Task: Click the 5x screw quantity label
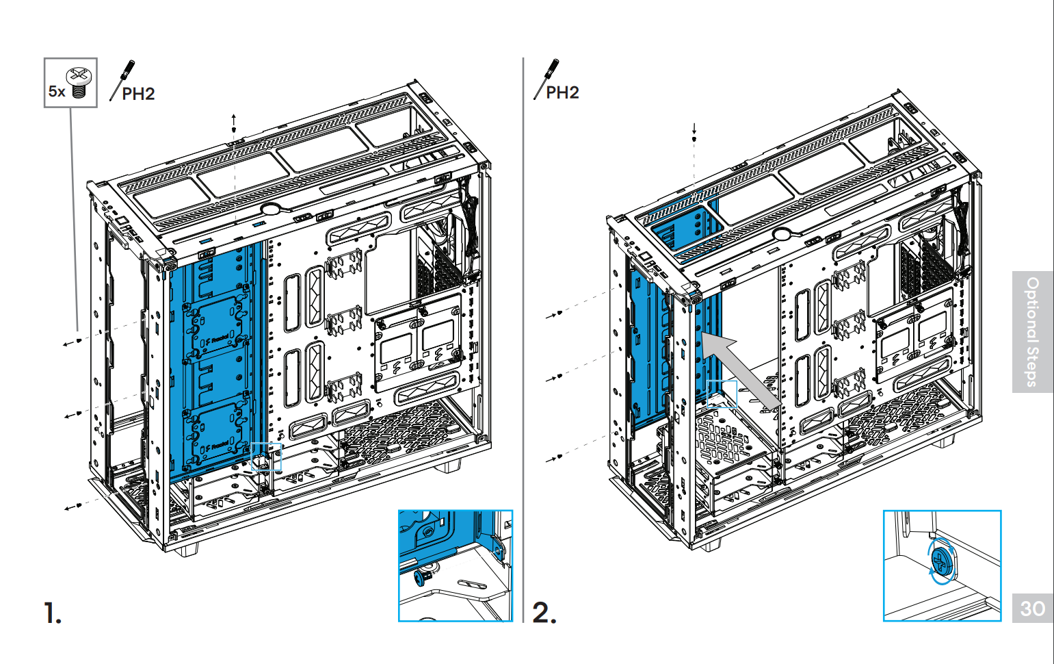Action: click(x=56, y=91)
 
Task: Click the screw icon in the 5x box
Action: click(x=79, y=82)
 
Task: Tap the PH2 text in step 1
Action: click(x=138, y=94)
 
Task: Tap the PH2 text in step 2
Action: click(x=562, y=92)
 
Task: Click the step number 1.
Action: click(x=52, y=612)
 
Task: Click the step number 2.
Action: click(x=544, y=612)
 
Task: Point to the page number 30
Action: click(x=1032, y=609)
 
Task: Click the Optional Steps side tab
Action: click(x=1032, y=332)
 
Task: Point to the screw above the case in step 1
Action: click(x=234, y=129)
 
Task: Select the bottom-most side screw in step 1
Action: click(x=79, y=505)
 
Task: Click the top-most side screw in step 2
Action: click(x=559, y=313)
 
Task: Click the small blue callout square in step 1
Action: click(x=266, y=456)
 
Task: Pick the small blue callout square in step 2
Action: click(x=722, y=394)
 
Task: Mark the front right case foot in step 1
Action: click(x=448, y=466)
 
